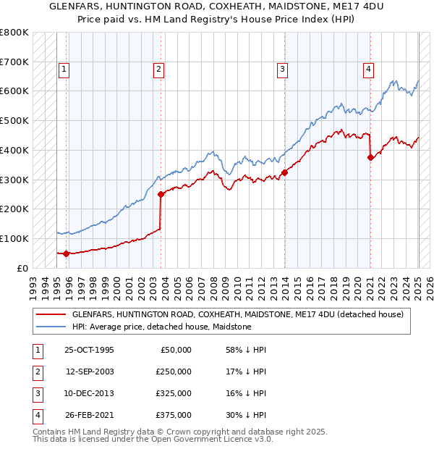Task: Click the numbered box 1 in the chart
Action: click(64, 70)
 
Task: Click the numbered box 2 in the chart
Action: click(158, 70)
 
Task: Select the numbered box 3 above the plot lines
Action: click(282, 70)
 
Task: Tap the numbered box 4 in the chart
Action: click(368, 70)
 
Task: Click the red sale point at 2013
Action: click(285, 172)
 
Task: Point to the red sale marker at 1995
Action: click(66, 253)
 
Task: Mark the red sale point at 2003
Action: click(161, 194)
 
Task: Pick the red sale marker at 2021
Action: click(370, 157)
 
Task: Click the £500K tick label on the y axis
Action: click(14, 120)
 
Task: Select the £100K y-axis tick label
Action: click(14, 238)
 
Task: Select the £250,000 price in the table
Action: click(174, 372)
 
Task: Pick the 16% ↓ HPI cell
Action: click(246, 393)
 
